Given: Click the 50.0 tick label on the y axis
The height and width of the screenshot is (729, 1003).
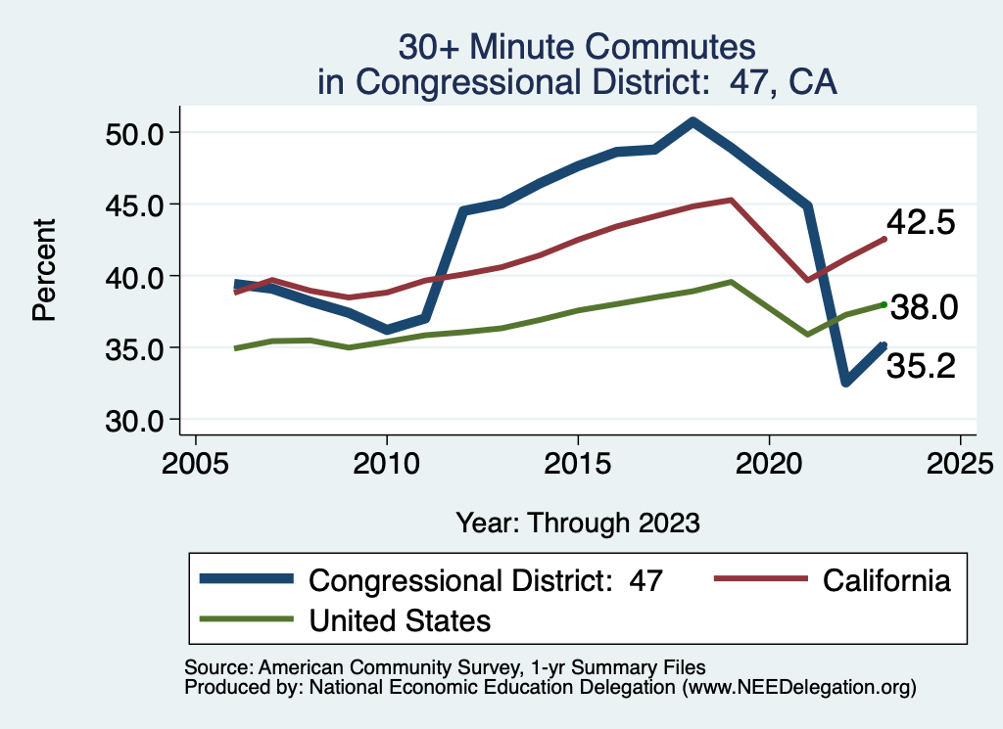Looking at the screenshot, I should pyautogui.click(x=134, y=133).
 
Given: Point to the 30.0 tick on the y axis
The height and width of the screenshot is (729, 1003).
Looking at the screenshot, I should pyautogui.click(x=134, y=420).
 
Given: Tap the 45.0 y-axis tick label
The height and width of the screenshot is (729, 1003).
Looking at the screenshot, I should pyautogui.click(x=134, y=205).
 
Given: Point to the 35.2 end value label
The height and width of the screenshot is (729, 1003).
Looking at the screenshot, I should pyautogui.click(x=921, y=366).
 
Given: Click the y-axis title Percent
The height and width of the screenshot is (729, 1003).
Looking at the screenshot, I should pyautogui.click(x=43, y=275).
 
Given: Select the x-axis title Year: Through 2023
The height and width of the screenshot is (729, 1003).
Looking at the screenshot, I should pyautogui.click(x=578, y=523).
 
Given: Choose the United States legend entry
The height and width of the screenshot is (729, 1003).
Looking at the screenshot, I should pyautogui.click(x=400, y=619).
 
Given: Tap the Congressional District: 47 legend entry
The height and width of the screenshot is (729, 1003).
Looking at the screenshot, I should pyautogui.click(x=486, y=580).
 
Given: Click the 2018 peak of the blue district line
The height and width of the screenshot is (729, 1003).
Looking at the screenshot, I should pyautogui.click(x=693, y=121).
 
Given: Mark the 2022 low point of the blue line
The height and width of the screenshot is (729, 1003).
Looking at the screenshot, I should pyautogui.click(x=845, y=382).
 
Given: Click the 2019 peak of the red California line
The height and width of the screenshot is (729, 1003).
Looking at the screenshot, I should pyautogui.click(x=731, y=200).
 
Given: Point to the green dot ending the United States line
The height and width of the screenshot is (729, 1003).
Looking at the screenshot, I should pyautogui.click(x=884, y=304).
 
